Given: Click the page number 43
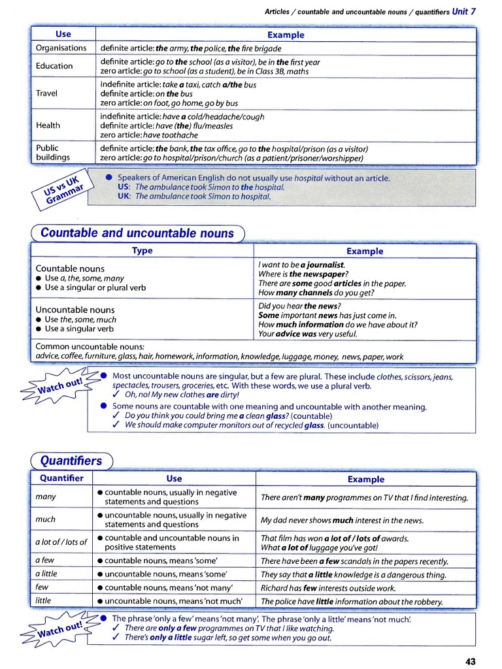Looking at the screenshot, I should [x=471, y=661].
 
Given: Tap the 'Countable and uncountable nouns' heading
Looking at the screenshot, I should [x=137, y=233].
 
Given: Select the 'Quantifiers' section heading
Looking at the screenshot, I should [x=71, y=461].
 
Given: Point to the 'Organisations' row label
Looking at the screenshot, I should [x=61, y=48].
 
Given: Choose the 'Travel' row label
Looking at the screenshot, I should [x=46, y=93].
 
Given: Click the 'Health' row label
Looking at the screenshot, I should [x=48, y=125].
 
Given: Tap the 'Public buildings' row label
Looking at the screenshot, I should [x=52, y=152].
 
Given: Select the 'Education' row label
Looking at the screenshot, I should [x=54, y=66].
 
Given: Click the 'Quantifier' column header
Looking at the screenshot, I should [x=61, y=478].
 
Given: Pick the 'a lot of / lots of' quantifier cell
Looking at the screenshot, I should [x=61, y=542].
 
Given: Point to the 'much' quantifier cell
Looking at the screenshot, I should [x=45, y=519].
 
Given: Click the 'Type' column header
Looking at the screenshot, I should [x=142, y=250].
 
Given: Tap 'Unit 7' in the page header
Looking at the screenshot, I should [x=464, y=12].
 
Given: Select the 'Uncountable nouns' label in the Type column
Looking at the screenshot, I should [x=75, y=310].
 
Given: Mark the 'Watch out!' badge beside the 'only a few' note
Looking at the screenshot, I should [x=59, y=629].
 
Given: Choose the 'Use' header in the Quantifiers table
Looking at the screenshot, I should [x=175, y=478].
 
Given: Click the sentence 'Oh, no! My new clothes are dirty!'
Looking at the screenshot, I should [x=173, y=395].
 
